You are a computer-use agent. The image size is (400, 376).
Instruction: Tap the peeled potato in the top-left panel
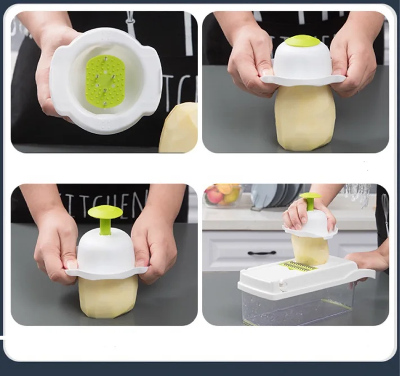click(x=179, y=129)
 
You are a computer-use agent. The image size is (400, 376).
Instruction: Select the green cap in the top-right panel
click(x=302, y=40)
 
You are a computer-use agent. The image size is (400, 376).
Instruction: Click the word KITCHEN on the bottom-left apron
click(x=107, y=200)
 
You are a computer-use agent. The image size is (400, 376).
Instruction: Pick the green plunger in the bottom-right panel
click(x=310, y=200)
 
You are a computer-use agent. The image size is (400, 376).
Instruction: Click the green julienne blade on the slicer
click(x=299, y=265)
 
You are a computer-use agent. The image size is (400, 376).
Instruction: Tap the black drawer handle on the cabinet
click(x=262, y=253)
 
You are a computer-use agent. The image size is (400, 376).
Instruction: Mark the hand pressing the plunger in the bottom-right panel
click(x=301, y=214)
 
